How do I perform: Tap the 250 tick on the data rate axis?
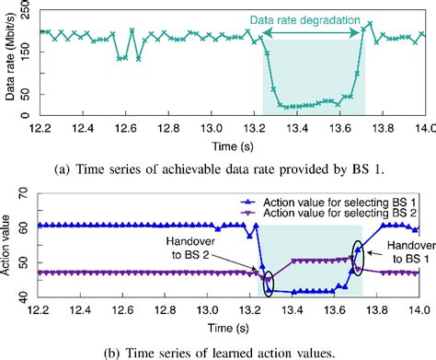24,7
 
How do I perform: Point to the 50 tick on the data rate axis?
27,92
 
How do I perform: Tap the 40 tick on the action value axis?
27,296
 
